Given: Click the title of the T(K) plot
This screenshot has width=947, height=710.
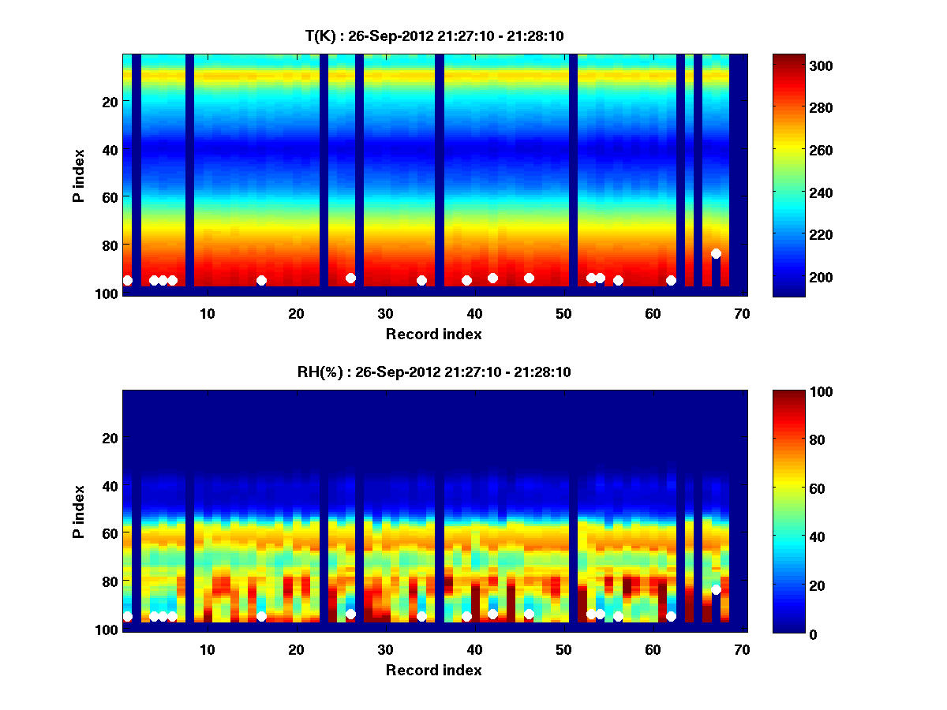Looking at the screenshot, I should [434, 35].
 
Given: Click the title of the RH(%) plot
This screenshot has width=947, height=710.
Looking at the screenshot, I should [434, 372].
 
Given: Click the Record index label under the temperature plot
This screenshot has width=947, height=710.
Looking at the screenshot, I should [433, 334].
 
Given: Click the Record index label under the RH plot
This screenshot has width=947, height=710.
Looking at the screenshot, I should [433, 670].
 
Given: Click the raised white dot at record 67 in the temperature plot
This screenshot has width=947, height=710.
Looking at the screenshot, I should [716, 253].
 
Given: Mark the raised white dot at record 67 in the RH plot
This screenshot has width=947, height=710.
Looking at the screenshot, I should [716, 589].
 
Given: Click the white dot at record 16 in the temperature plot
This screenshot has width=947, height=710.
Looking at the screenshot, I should [261, 280].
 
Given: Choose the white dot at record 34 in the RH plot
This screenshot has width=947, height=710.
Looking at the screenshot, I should [421, 616].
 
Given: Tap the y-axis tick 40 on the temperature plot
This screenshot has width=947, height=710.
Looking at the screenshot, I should [109, 149].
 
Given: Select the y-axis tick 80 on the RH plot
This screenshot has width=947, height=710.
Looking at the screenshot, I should [109, 581].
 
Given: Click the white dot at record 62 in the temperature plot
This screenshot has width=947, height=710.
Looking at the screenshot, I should [671, 280].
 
